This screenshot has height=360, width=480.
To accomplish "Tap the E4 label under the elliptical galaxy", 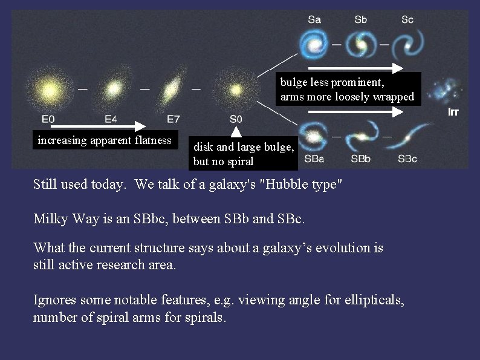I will pos(111,120).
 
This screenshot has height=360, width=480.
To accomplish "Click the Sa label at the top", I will pos(314,19).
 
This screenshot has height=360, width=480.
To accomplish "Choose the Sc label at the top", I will pos(407,19).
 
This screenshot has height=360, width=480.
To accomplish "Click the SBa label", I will pos(314,159).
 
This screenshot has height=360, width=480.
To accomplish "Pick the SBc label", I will pos(407,159).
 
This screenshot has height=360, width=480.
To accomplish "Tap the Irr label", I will pos(453,113).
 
